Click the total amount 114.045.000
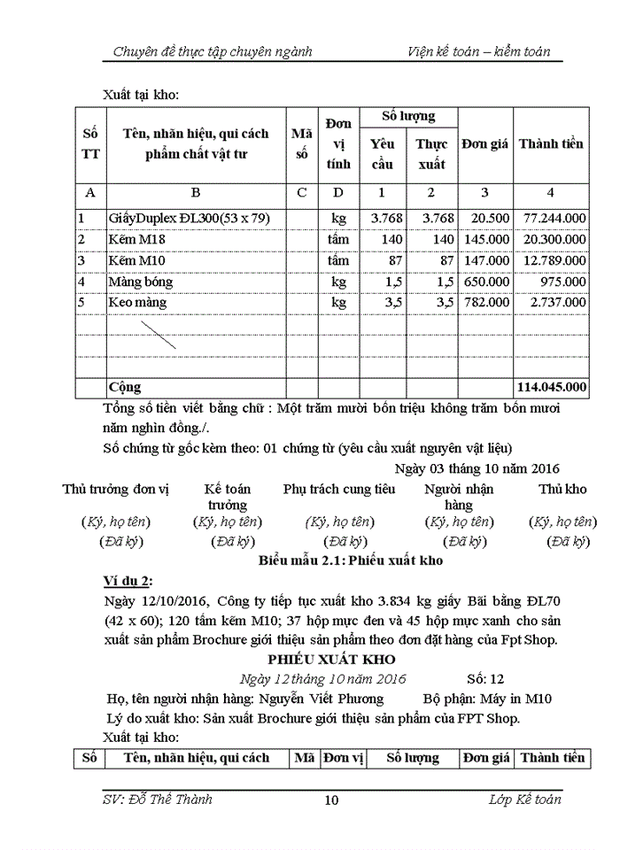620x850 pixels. coord(551,387)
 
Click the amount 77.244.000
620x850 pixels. coord(552,218)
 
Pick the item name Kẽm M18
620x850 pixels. coord(137,239)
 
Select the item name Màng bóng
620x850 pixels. coord(141,282)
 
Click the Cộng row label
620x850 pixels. coord(125,387)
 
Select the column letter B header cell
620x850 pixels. coord(196,192)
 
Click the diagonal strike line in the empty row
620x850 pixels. coord(157,334)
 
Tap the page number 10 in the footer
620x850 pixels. coord(331,800)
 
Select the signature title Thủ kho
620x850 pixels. coord(562,489)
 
